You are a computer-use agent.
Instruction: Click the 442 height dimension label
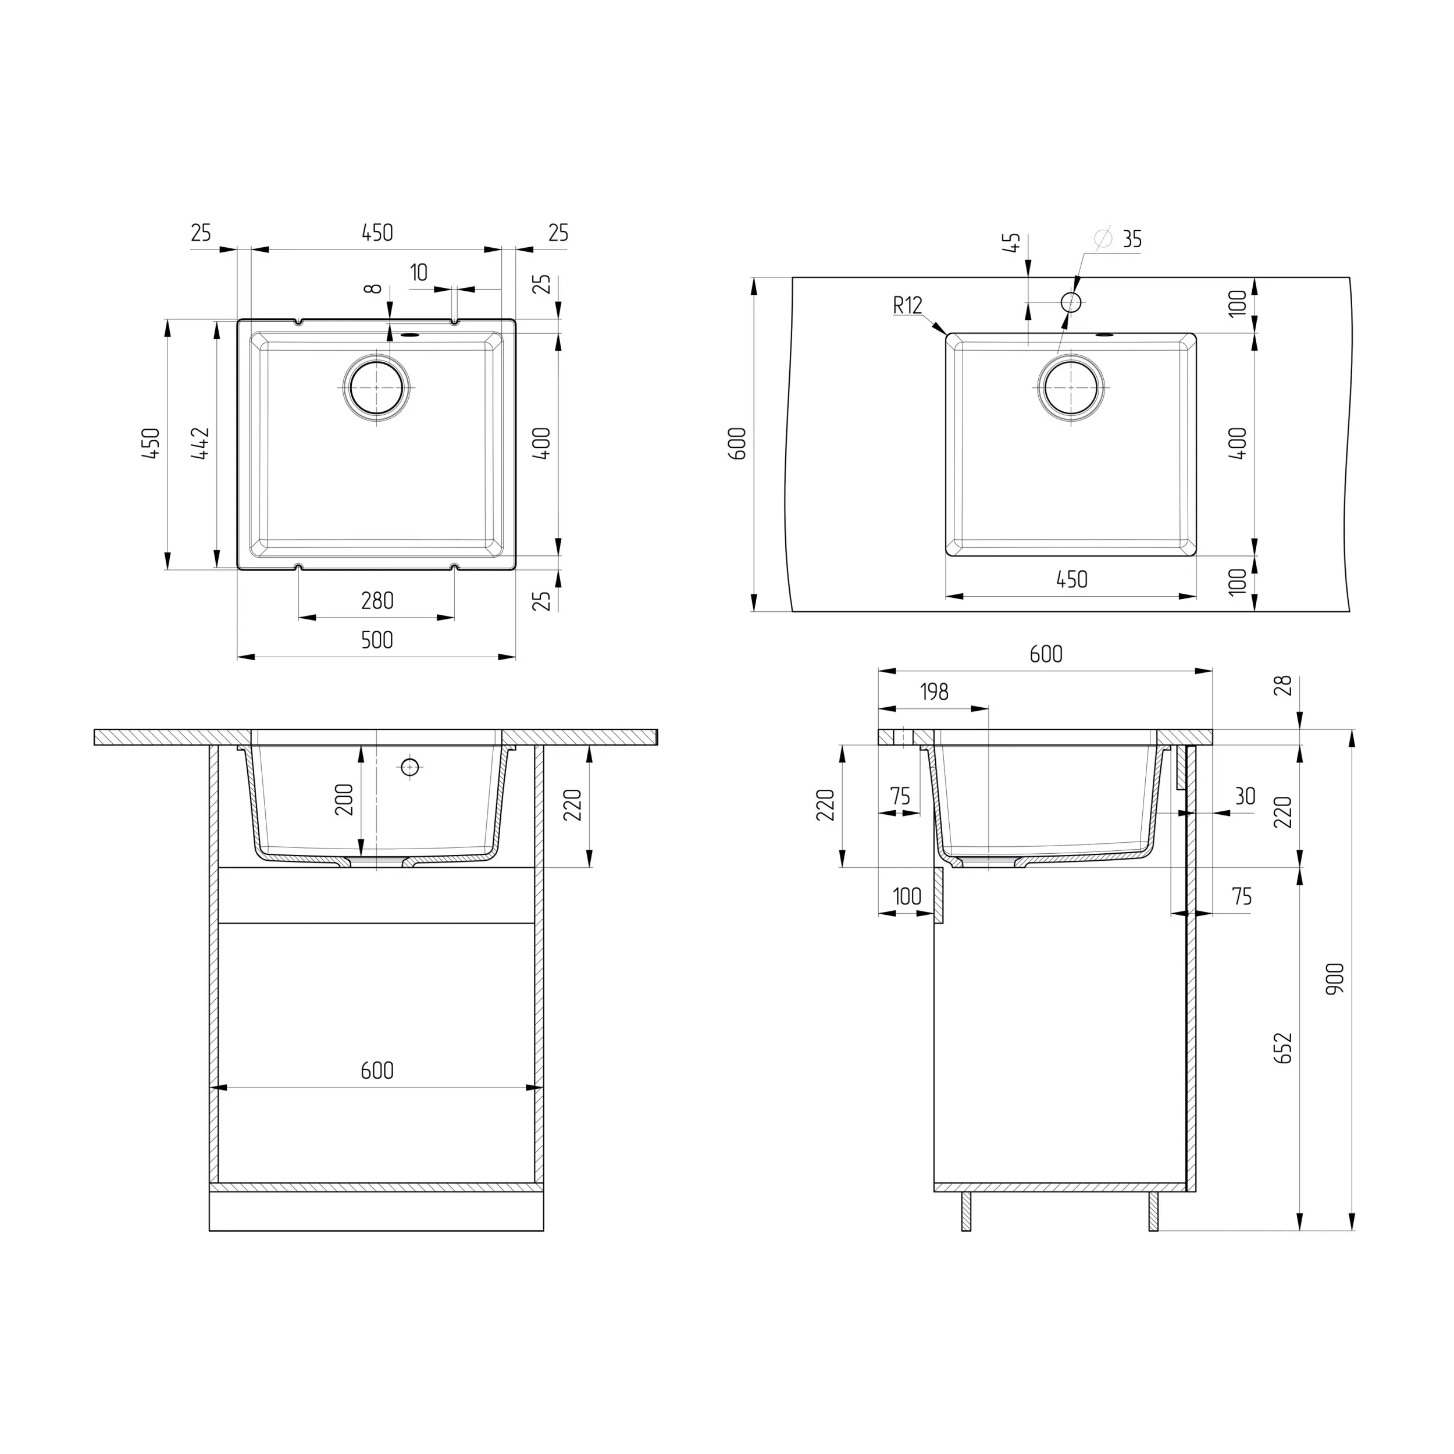pos(200,444)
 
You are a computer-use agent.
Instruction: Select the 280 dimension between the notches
pos(377,601)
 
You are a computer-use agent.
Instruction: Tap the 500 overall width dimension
pos(377,640)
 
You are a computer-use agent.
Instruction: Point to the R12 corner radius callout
pos(908,305)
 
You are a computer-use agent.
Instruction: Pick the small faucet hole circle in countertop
pos(1071,302)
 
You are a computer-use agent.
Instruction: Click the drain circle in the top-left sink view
pos(377,387)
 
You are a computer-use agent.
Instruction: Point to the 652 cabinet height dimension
pos(1283,1047)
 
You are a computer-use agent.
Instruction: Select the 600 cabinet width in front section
pos(377,1070)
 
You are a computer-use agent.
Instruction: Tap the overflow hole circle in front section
pos(409,767)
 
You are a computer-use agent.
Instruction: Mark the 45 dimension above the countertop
pos(1014,243)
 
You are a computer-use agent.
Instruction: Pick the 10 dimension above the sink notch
pos(419,272)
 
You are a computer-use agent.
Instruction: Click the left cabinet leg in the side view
pos(966,1211)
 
